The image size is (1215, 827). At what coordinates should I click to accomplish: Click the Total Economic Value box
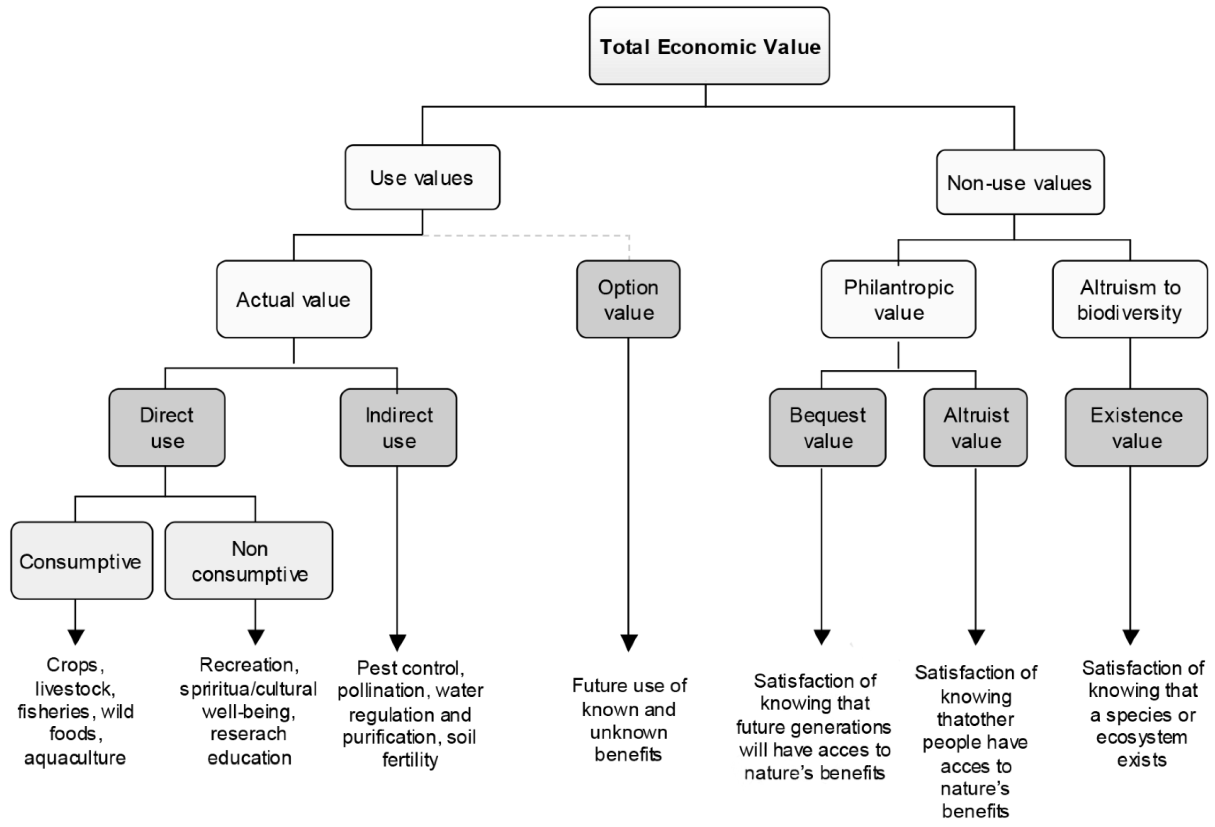click(x=709, y=46)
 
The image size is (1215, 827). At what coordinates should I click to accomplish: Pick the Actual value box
click(x=293, y=299)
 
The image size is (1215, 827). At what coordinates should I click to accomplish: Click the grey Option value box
click(x=628, y=299)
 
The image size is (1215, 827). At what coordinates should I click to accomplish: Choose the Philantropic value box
click(x=898, y=299)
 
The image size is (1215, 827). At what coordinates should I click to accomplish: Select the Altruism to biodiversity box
click(x=1129, y=299)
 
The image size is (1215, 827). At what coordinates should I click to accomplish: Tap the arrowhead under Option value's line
click(x=628, y=642)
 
